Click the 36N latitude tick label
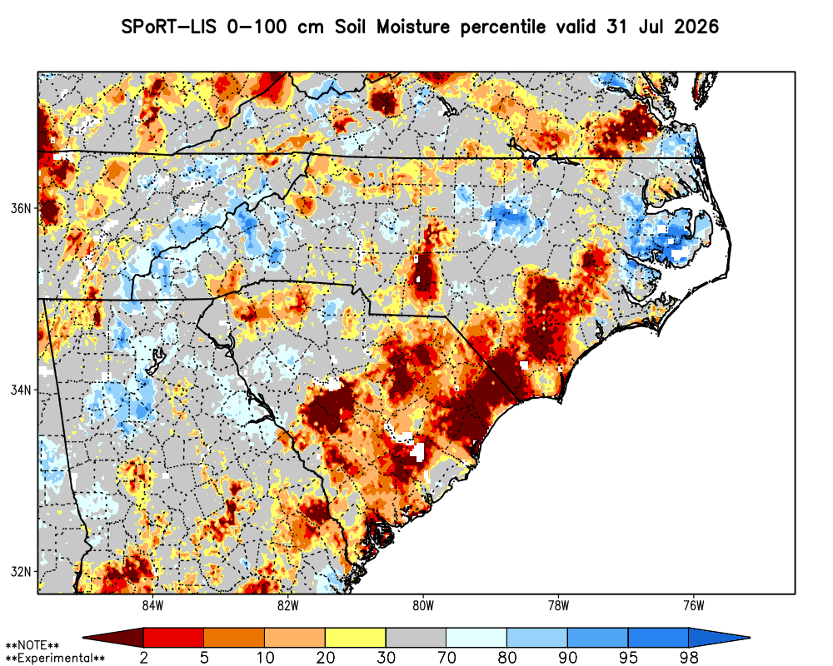[22, 208]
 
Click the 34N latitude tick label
[22, 390]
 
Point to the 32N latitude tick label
[22, 572]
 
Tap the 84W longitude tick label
[152, 606]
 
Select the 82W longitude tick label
[288, 606]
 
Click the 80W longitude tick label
[423, 606]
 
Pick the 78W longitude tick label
[558, 606]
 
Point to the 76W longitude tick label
[694, 606]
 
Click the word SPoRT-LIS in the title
[169, 27]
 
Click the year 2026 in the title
[696, 27]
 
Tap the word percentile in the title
[502, 27]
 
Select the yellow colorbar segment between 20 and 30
[356, 638]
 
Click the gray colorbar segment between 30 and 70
[416, 638]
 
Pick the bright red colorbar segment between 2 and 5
[174, 638]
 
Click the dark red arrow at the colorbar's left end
[113, 638]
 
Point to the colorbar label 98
[689, 658]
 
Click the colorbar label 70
[446, 658]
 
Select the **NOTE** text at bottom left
[32, 646]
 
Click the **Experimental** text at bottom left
[55, 659]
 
